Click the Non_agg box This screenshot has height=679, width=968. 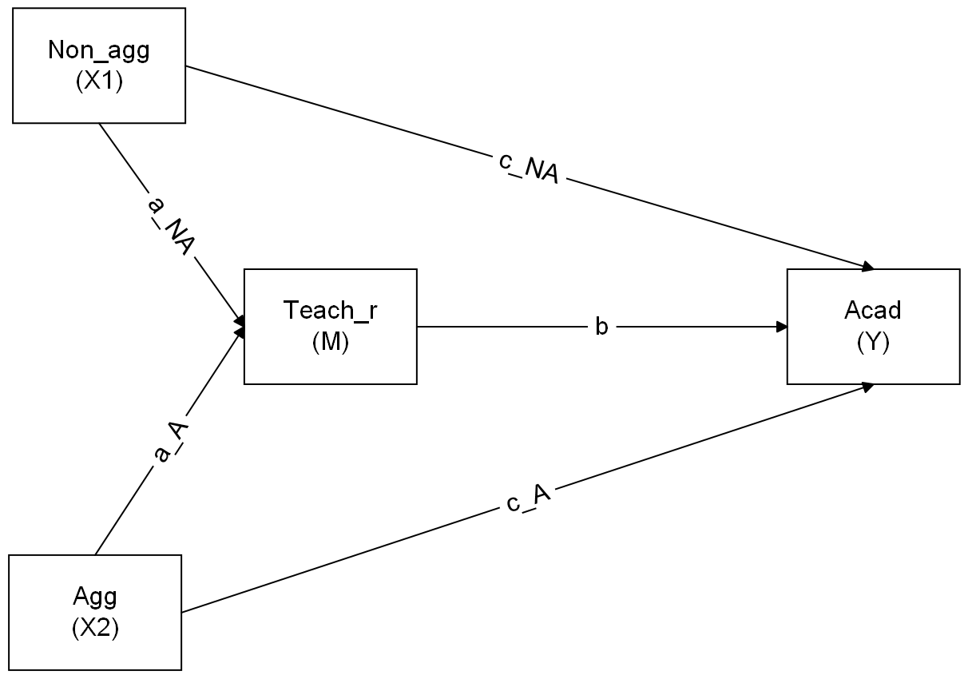coord(99,66)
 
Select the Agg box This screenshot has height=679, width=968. coord(95,612)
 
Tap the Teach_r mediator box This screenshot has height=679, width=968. coord(330,326)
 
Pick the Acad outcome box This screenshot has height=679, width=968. coord(873,326)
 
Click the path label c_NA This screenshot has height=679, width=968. coord(528,167)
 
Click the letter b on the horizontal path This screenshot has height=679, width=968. coord(601,327)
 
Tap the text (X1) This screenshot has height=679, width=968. coord(99,82)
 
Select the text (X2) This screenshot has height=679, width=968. coord(95,629)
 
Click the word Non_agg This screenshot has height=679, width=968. coord(99,50)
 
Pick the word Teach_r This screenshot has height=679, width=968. coord(330,310)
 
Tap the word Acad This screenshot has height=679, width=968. coord(873,310)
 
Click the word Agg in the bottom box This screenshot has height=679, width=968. coord(95,596)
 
